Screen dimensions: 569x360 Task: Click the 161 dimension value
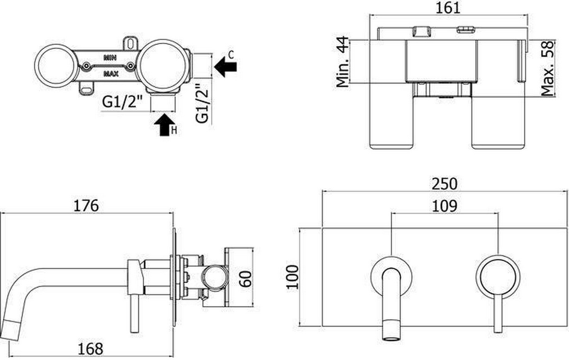tap(448, 8)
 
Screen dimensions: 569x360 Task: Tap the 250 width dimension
tap(445, 184)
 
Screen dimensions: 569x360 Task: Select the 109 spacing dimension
tap(445, 206)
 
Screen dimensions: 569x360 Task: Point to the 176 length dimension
tap(86, 206)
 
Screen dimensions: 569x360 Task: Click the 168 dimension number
tap(90, 349)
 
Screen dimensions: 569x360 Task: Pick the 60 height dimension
tap(246, 279)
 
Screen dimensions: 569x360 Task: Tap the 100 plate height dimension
tap(292, 277)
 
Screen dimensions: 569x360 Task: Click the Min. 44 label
tap(343, 62)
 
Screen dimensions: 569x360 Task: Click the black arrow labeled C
tap(226, 67)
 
